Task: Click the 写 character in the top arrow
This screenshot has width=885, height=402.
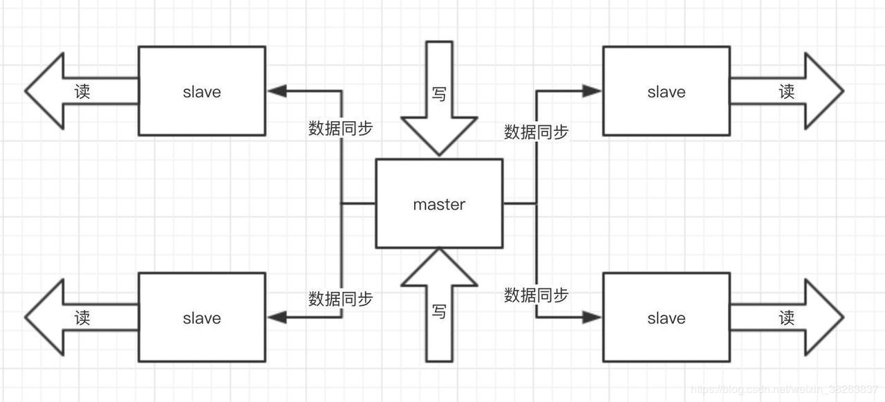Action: (439, 93)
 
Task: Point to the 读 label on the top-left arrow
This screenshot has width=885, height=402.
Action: (82, 91)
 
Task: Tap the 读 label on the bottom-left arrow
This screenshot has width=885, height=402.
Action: (82, 318)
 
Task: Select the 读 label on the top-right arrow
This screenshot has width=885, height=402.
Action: (787, 91)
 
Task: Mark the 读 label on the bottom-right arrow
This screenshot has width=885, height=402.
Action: (787, 318)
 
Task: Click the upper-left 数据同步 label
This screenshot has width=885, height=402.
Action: (340, 128)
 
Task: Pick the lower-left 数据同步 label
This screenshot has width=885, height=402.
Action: (340, 299)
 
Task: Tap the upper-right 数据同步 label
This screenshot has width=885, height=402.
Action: (536, 131)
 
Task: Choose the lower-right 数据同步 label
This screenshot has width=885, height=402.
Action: (536, 295)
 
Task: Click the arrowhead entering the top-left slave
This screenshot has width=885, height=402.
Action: (277, 91)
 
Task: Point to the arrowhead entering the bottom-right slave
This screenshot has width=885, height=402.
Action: (592, 317)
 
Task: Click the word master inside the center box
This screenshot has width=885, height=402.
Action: (439, 205)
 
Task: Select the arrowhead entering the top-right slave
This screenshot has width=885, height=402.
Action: (592, 91)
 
